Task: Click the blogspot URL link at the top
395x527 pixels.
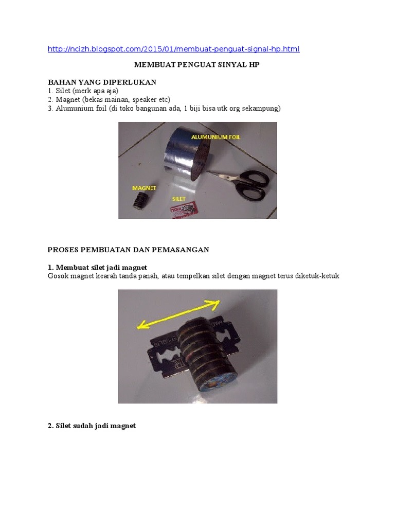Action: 174,49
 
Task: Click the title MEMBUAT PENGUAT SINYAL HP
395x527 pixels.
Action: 197,64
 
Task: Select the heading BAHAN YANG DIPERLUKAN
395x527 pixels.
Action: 102,82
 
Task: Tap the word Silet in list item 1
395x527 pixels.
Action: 63,91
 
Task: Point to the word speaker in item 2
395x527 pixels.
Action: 145,100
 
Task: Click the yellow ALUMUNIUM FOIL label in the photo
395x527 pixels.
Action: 216,137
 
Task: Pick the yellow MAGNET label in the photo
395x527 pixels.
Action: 144,188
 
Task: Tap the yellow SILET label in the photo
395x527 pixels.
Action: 178,199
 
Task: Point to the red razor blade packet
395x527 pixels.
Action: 185,210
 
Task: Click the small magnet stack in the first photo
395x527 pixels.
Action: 141,201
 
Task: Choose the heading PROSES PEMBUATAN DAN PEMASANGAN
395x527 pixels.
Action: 128,250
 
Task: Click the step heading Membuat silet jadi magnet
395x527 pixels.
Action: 97,268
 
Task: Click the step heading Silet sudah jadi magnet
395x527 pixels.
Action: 92,426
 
